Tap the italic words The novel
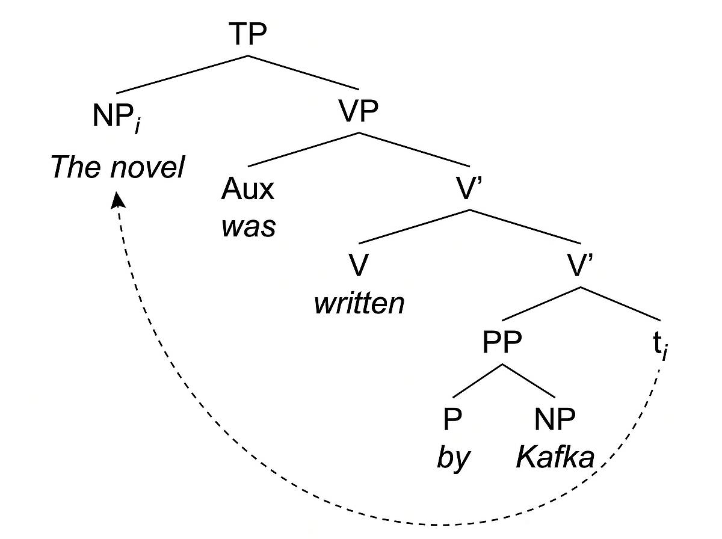[117, 167]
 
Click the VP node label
[359, 112]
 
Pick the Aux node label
[247, 189]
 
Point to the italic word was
[248, 227]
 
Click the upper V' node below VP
[470, 189]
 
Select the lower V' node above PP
[581, 265]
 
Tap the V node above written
[357, 265]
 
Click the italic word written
[359, 304]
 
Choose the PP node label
[502, 343]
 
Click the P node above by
[452, 419]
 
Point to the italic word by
[452, 459]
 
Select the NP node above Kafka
[554, 419]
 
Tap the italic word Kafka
[555, 458]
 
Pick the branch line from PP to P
[478, 380]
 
